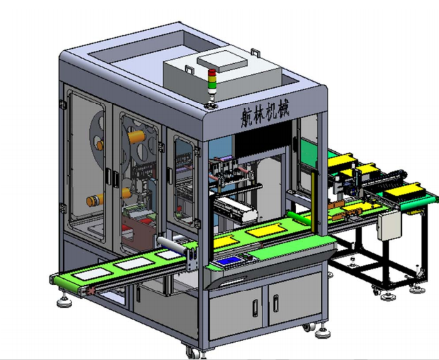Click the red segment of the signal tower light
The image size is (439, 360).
coord(212,72)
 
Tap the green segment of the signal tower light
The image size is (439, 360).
coord(212,85)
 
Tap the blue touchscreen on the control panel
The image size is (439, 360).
coord(228,261)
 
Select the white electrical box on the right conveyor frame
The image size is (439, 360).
coord(389,225)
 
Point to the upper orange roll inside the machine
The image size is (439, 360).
coord(137,136)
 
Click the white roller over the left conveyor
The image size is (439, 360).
coord(172,245)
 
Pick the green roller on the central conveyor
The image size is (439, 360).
coord(300,218)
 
